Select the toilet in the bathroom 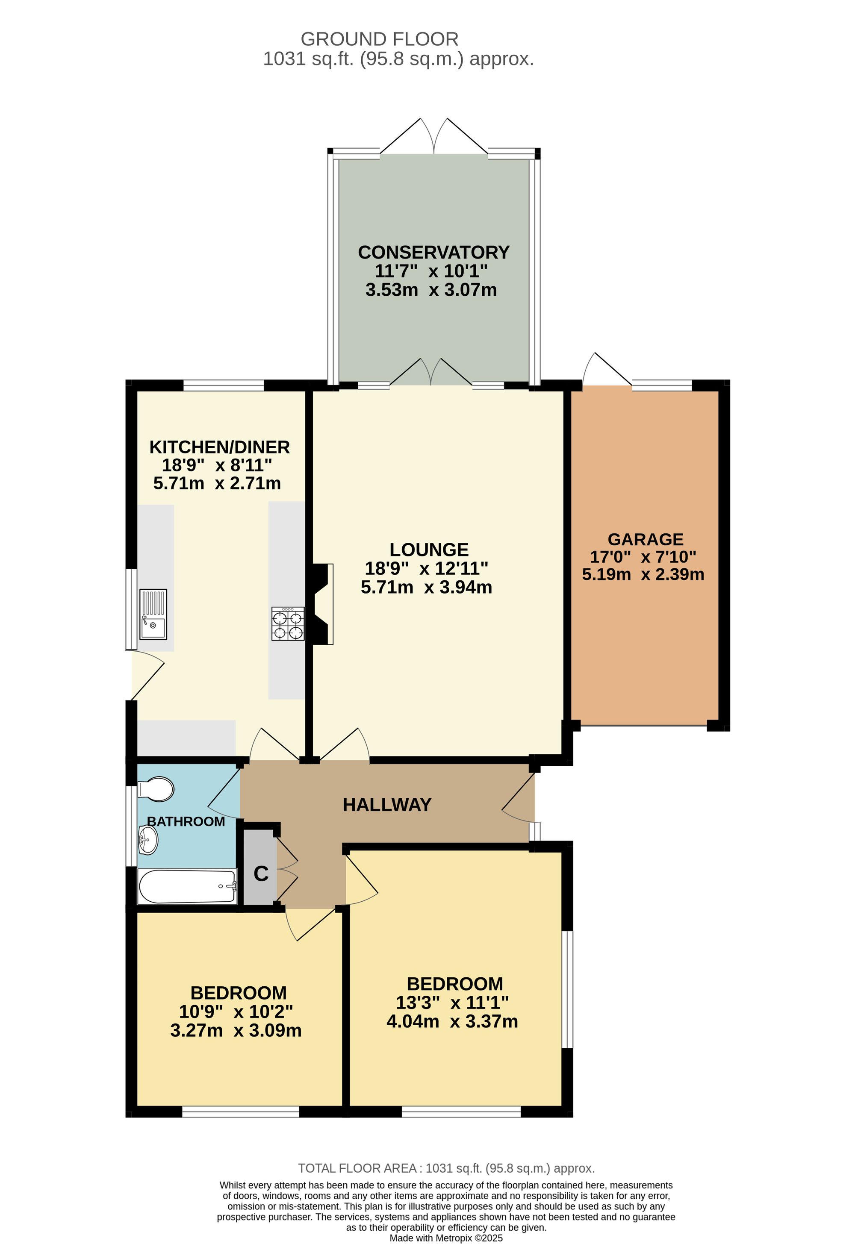coord(156,789)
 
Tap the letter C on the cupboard coord(261,873)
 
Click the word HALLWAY coord(387,805)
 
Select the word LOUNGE coord(429,550)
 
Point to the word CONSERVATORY coord(433,252)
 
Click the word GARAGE coord(646,539)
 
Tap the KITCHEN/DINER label coord(220,447)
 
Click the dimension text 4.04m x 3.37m coord(452,1021)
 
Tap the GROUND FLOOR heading coord(379,39)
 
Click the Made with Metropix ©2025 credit coord(446,1238)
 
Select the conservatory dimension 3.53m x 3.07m coord(431,290)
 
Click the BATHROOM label coord(186,821)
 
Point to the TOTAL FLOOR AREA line coord(446,1168)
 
